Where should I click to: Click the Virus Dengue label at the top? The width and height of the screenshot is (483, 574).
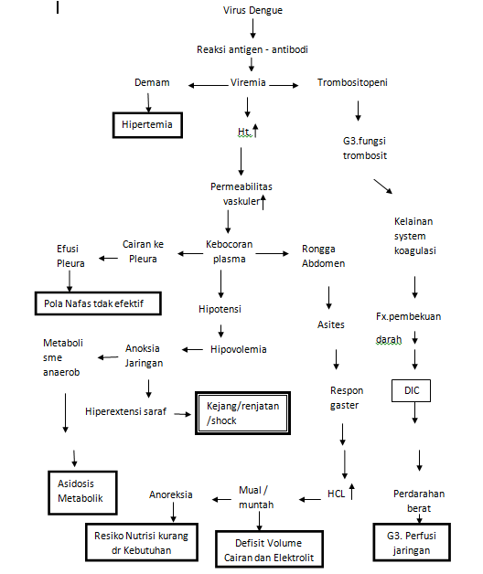[252, 10]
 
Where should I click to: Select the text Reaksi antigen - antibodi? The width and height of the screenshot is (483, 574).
[253, 49]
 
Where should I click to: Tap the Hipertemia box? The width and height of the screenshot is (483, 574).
[148, 123]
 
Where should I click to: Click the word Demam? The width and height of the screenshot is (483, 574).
[152, 82]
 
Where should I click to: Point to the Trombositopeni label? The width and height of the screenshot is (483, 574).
[352, 82]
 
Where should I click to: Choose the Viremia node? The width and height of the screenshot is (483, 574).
[248, 82]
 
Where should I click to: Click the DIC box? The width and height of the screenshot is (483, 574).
[411, 390]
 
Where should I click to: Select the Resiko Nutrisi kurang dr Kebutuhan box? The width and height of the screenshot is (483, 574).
[142, 544]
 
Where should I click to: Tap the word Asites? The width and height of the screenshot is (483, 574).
[331, 324]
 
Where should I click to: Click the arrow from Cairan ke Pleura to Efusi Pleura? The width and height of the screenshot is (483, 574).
[109, 258]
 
